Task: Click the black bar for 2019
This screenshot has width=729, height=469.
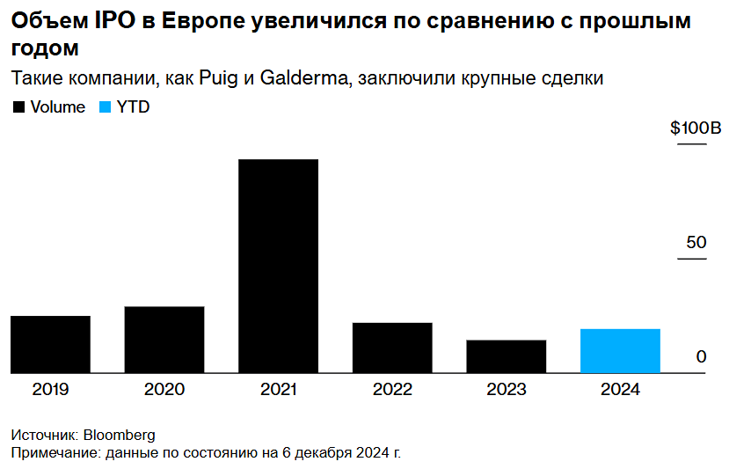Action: click(x=50, y=344)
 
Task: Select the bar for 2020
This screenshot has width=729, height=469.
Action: click(x=164, y=340)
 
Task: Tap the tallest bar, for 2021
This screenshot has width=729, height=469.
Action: click(x=278, y=266)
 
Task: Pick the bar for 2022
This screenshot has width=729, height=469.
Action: click(x=392, y=348)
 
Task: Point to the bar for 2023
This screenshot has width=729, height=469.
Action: click(x=507, y=356)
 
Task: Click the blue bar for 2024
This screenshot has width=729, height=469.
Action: click(x=620, y=351)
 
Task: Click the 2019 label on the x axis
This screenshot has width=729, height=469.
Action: click(x=50, y=390)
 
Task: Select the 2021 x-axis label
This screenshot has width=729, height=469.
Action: click(x=278, y=390)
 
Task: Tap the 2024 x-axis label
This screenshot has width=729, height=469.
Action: click(x=620, y=390)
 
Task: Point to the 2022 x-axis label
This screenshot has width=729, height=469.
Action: click(x=392, y=390)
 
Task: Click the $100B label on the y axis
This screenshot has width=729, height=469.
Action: click(x=695, y=128)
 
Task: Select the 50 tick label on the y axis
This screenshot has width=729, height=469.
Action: click(x=696, y=242)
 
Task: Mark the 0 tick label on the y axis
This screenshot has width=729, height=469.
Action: click(x=702, y=356)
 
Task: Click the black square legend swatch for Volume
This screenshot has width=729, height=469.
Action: click(x=18, y=107)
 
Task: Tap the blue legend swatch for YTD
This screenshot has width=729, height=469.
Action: click(x=105, y=107)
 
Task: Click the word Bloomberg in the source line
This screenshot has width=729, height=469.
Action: click(x=119, y=436)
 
